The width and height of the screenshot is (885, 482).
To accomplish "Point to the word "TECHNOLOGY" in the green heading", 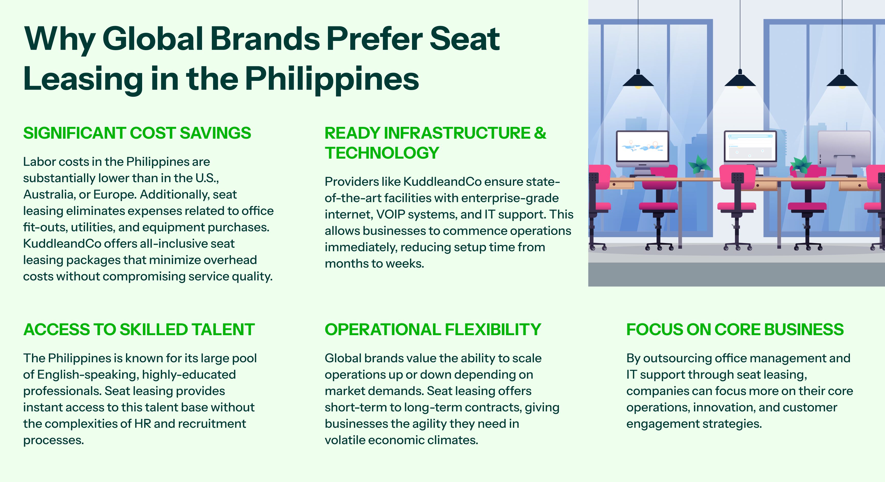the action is coord(382,153).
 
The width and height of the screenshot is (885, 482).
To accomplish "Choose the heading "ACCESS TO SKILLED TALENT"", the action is coord(139,329).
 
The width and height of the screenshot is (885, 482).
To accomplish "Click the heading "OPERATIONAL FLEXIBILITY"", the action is coord(433,329).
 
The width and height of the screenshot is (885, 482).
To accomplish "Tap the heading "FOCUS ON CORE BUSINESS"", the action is coord(735,329).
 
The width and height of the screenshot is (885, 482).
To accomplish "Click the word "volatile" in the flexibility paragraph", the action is coord(345,440).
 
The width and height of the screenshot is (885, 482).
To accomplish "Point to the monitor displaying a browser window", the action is coord(750,147).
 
